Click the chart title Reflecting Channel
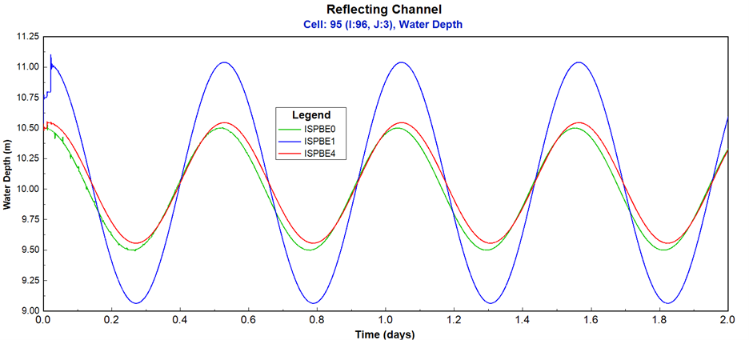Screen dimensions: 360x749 point(384,10)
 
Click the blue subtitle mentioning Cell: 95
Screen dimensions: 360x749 point(384,25)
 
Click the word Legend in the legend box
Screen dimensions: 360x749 point(310,115)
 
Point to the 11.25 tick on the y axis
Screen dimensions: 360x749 point(26,37)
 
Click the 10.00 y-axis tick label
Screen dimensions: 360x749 point(26,189)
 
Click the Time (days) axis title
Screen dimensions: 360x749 point(385,333)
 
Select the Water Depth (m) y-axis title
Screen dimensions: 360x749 point(8,174)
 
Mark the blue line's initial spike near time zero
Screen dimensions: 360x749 point(51,56)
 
